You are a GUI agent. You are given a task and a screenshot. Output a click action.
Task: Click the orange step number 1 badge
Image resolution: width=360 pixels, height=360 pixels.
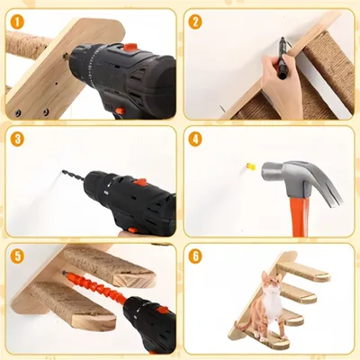(x=18, y=22)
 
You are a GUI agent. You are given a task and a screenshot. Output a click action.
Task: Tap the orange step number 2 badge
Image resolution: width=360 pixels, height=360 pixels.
(x=195, y=22)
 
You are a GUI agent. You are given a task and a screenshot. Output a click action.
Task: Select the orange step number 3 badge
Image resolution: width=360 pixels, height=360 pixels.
(x=17, y=139)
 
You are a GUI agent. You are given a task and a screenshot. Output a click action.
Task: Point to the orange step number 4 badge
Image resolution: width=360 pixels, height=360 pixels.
(x=195, y=139)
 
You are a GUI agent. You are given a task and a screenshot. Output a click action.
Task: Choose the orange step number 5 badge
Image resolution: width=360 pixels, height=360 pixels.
(x=17, y=256)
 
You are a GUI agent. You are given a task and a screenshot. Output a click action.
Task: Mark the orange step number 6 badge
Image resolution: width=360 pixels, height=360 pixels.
(x=195, y=256)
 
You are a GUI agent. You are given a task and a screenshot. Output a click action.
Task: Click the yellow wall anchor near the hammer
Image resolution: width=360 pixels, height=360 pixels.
(x=251, y=166)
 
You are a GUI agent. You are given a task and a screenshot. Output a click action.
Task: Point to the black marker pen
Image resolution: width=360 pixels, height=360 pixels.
(x=283, y=58)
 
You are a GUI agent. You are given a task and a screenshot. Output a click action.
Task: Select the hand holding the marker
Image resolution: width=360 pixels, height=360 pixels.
(x=281, y=85)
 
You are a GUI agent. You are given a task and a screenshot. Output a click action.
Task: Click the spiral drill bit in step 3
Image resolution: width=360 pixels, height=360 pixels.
(x=73, y=175)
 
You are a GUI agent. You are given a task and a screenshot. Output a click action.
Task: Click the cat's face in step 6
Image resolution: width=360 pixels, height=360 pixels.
(x=271, y=283)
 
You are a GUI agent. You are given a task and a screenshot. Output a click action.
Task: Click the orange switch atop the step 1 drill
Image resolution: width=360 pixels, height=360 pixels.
(x=130, y=47)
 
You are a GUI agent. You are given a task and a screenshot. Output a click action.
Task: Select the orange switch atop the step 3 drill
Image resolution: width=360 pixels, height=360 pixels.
(x=140, y=183)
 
